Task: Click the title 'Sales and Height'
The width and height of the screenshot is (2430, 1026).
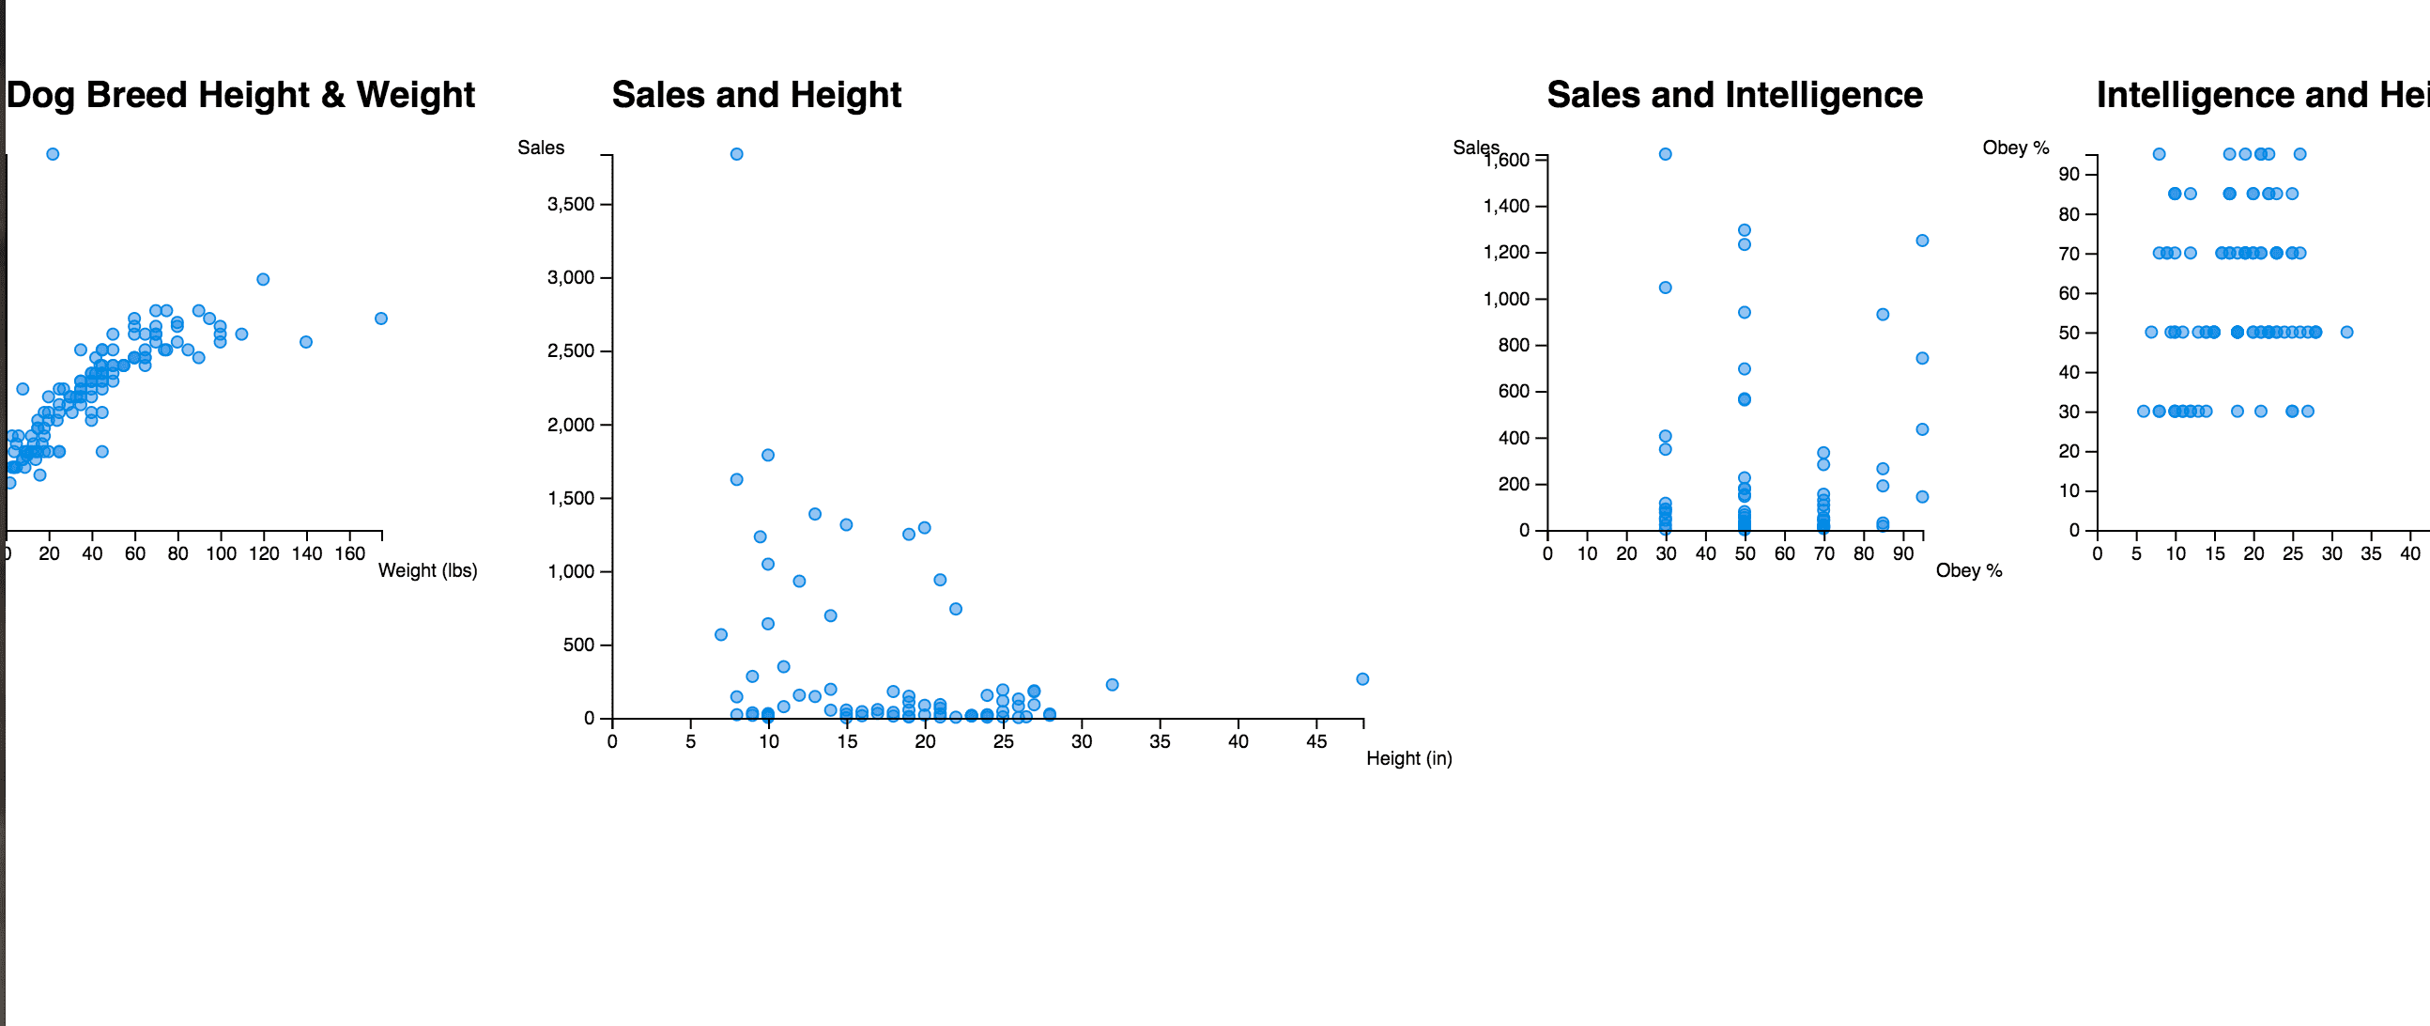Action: tap(757, 95)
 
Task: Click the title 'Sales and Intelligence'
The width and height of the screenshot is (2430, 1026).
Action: tap(1734, 95)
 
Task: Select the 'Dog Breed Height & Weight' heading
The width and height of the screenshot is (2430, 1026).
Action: tap(240, 95)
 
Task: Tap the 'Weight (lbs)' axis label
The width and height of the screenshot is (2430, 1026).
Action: tap(427, 570)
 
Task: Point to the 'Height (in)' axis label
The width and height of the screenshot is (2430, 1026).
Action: tap(1408, 758)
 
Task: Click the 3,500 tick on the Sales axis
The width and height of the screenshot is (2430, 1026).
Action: tap(571, 205)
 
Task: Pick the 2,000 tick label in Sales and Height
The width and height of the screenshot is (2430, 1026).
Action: tap(571, 425)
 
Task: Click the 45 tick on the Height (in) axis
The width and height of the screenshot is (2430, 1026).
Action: tap(1315, 742)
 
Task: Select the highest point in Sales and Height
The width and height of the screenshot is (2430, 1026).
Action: tap(737, 154)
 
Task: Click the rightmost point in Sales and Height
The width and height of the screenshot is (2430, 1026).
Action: tap(1362, 678)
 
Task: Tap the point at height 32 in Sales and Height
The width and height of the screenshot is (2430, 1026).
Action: tap(1112, 684)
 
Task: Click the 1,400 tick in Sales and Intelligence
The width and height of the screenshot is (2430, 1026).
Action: tap(1506, 206)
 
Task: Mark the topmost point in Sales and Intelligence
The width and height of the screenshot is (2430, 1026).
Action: tap(1665, 154)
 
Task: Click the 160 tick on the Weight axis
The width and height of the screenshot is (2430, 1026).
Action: tap(350, 554)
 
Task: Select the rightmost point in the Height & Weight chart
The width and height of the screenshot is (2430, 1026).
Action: tap(381, 319)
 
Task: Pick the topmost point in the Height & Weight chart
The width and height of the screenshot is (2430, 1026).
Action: tap(53, 154)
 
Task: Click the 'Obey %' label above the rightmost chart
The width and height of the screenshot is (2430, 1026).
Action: tap(2016, 148)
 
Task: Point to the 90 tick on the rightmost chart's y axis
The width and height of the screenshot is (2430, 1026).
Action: tap(2069, 174)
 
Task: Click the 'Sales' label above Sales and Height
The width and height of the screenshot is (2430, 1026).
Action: tap(541, 148)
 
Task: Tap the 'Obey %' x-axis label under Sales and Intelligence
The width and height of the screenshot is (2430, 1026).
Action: tap(1969, 570)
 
